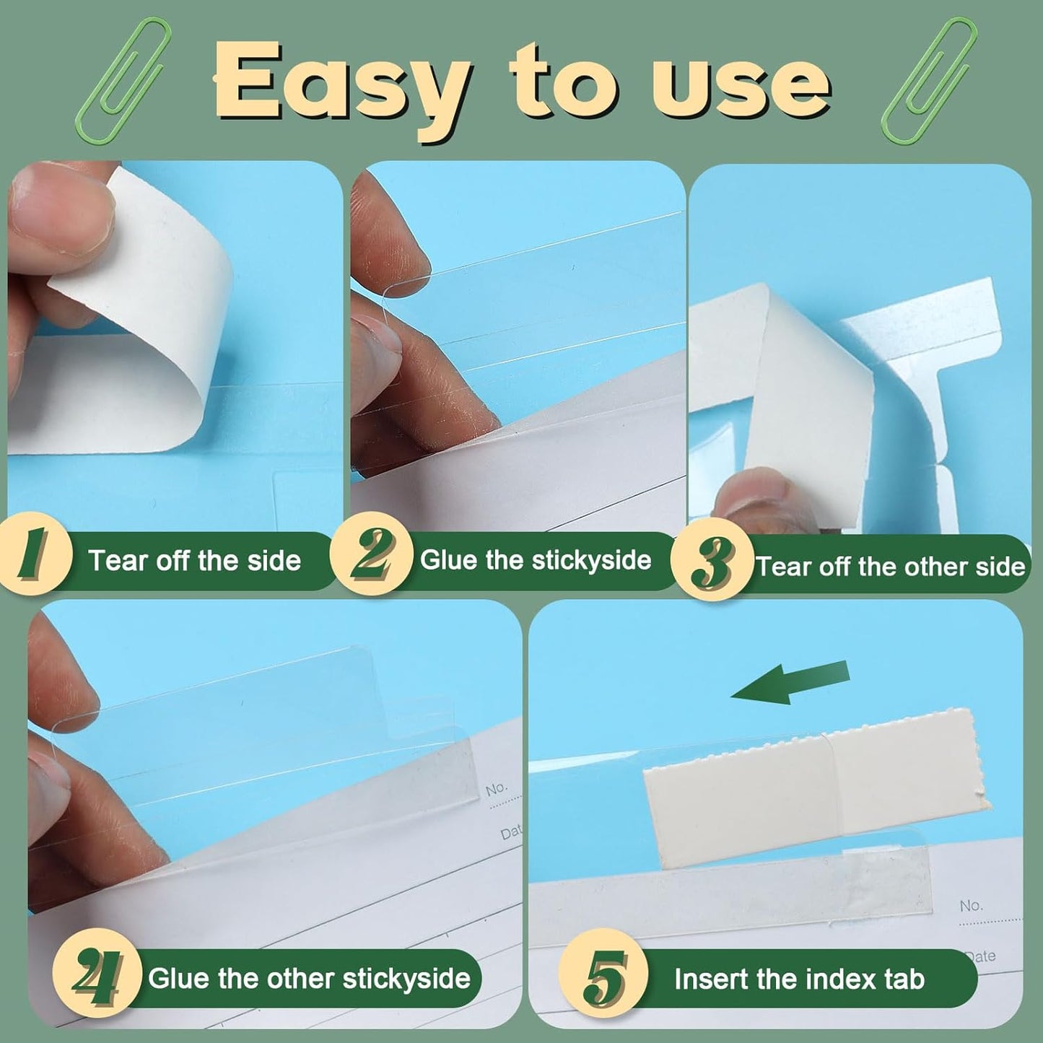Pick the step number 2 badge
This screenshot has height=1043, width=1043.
coord(370,559)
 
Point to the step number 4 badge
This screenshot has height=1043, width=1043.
coord(97,979)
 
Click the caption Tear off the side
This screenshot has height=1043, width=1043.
coord(194,561)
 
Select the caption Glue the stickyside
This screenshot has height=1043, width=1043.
coord(535,560)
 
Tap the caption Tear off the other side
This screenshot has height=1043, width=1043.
coord(889,567)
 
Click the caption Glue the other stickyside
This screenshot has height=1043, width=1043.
coord(309,979)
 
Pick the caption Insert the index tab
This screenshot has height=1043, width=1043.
coord(799,979)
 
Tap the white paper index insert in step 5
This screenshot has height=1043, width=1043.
coord(808,780)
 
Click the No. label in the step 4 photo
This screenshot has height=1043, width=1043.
coord(496,788)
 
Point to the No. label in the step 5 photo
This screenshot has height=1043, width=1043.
coord(971,905)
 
